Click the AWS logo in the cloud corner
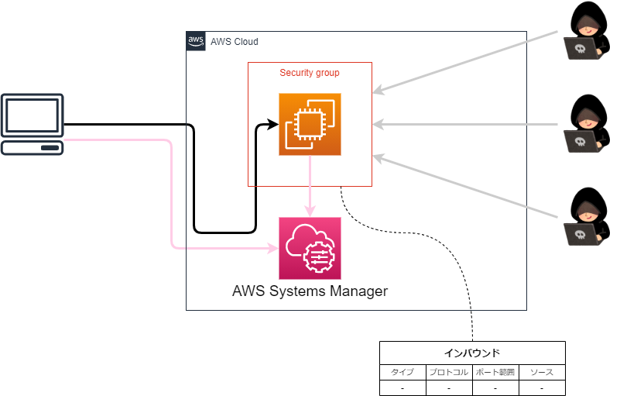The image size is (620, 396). click(x=196, y=41)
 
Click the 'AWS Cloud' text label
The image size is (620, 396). click(x=234, y=42)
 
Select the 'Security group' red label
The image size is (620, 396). click(x=310, y=73)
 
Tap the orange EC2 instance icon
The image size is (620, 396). click(x=310, y=124)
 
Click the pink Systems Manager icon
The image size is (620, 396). click(x=310, y=248)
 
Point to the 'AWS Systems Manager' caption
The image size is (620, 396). click(x=310, y=292)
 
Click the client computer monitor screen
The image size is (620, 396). click(x=32, y=115)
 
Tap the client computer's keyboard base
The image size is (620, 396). click(x=32, y=147)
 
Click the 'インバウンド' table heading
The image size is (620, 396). click(x=472, y=353)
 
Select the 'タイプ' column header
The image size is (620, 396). click(x=402, y=372)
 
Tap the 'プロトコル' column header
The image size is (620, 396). click(x=449, y=372)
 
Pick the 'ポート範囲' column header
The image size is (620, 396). click(x=495, y=372)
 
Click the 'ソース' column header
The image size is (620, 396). click(x=542, y=372)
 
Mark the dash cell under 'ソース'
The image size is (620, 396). click(x=542, y=387)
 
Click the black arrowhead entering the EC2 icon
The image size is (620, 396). click(x=272, y=124)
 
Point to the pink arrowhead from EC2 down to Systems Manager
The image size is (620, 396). click(x=310, y=212)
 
